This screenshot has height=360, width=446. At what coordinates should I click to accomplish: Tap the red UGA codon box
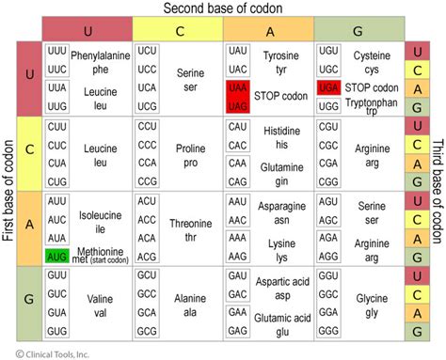[x=329, y=87]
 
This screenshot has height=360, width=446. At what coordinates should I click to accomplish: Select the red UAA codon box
[x=237, y=87]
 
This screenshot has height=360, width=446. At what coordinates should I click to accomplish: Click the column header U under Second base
[x=87, y=28]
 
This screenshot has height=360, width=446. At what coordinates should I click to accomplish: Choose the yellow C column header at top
[x=177, y=28]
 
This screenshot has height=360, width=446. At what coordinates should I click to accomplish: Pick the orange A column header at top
[x=268, y=28]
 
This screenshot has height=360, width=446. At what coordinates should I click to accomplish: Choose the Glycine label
[x=370, y=300]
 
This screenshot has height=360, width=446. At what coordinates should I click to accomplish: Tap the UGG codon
[x=329, y=105]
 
